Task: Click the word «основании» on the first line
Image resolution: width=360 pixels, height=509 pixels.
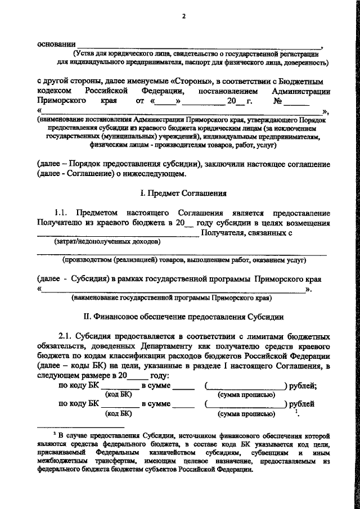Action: (55, 44)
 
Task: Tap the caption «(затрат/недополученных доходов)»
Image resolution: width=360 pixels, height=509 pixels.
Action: (106, 242)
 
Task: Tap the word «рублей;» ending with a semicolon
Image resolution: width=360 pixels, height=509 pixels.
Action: (302, 385)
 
